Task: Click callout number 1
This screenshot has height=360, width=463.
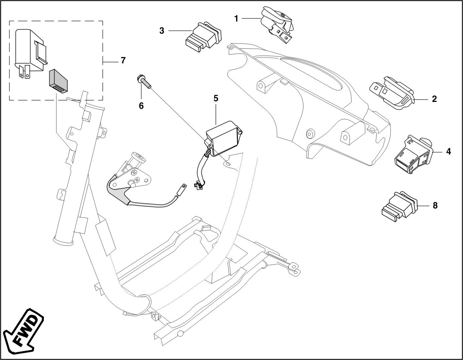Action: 236,19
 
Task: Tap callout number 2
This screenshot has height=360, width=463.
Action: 434,99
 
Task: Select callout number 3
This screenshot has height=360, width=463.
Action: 162,31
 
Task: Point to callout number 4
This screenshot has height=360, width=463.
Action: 448,151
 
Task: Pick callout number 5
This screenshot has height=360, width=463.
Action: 216,98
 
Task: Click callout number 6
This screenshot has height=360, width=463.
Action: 141,106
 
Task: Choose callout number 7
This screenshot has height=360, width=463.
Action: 123,60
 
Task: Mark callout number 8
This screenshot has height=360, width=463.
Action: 435,205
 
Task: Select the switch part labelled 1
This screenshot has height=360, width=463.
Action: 278,25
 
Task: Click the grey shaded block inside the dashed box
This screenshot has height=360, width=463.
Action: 58,80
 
